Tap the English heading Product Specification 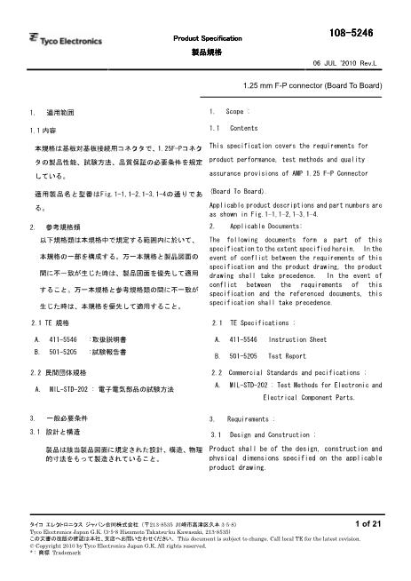tap(207, 39)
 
